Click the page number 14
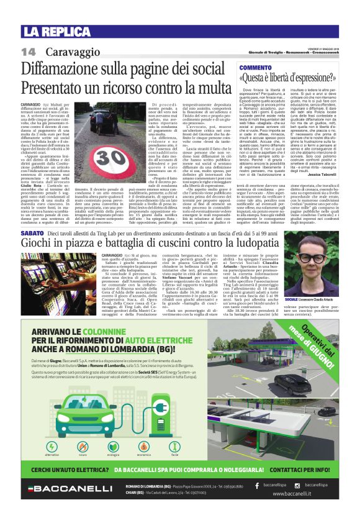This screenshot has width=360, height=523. (28, 51)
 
